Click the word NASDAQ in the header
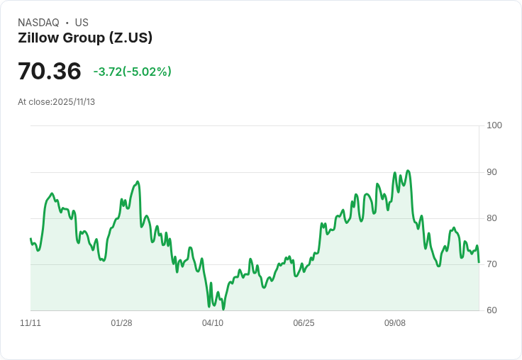(x=38, y=23)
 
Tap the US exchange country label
(x=82, y=23)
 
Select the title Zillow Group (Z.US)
(x=85, y=38)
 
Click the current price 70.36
(x=50, y=71)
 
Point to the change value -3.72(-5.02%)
(x=133, y=72)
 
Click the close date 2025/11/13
(x=74, y=102)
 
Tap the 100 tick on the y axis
(x=494, y=125)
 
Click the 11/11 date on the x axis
(x=30, y=323)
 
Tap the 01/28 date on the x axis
(x=121, y=323)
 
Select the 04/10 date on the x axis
(x=213, y=323)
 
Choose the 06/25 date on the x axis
(x=304, y=323)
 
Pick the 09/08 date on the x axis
(x=395, y=323)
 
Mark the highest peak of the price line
(x=408, y=171)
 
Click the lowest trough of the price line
(x=223, y=309)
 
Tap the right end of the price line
(x=479, y=262)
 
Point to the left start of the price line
(x=30, y=239)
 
